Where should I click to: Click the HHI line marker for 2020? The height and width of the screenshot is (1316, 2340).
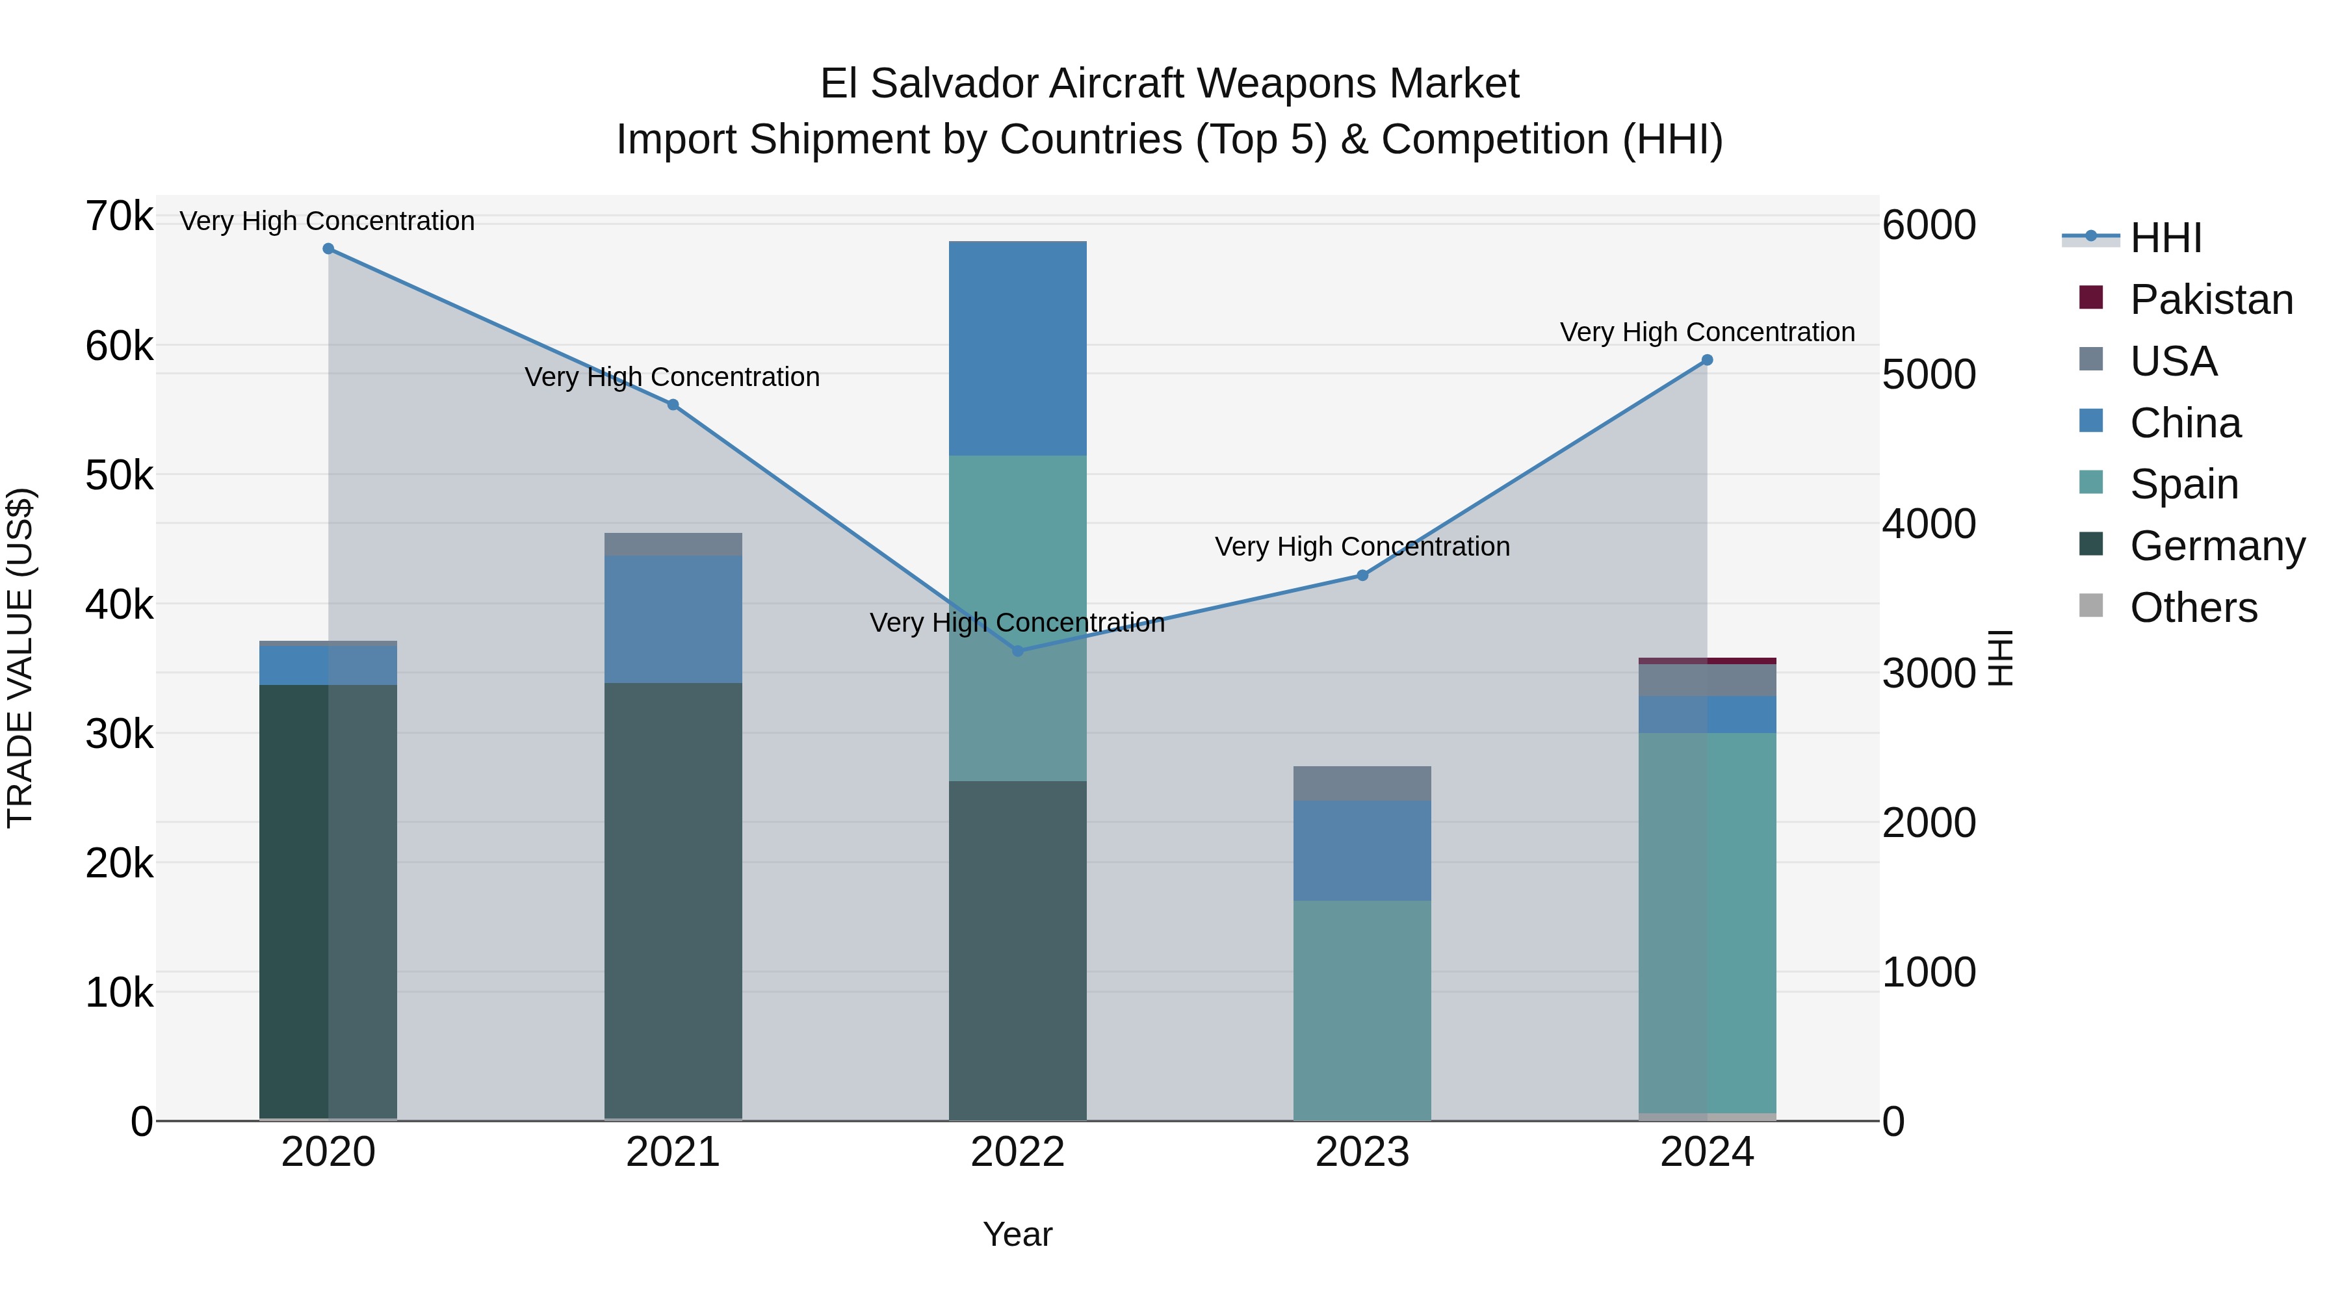coord(328,249)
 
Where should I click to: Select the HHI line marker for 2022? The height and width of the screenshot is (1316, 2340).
coord(1017,651)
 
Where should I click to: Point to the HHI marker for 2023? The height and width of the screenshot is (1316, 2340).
coord(1362,575)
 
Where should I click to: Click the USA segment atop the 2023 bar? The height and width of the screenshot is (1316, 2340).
coord(1362,783)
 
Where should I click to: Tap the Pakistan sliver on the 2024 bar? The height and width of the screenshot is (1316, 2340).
coord(1707,661)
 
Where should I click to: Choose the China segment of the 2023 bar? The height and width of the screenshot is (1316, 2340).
coord(1362,850)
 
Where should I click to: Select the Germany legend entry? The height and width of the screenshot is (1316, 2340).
coord(2216,546)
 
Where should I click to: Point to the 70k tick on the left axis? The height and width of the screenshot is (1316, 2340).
coord(119,217)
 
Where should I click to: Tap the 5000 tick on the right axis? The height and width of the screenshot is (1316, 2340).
coord(1929,374)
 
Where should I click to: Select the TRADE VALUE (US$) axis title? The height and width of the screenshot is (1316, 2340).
coord(20,658)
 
